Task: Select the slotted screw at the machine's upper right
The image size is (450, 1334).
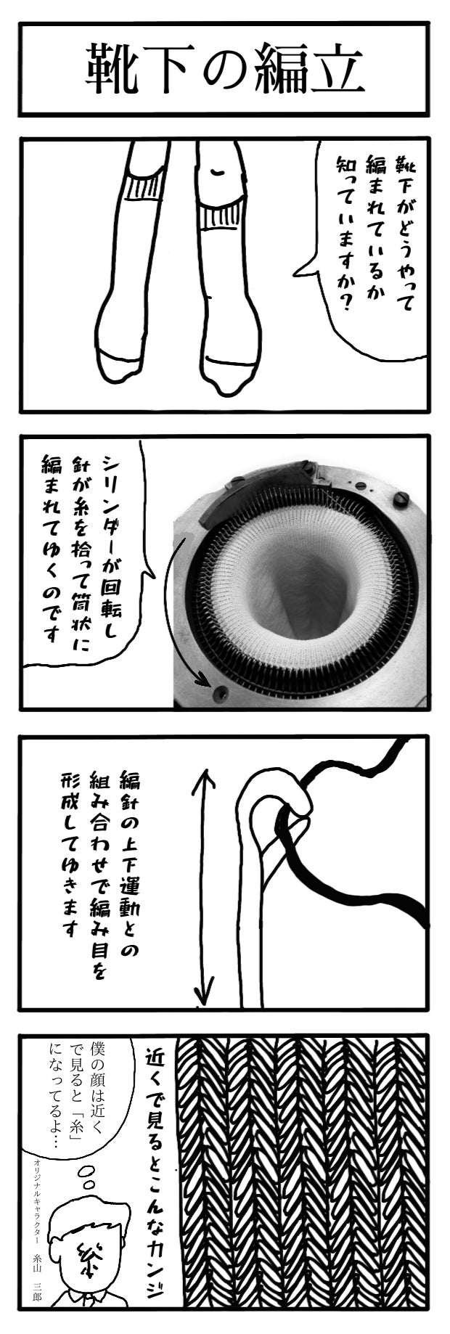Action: (402, 500)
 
